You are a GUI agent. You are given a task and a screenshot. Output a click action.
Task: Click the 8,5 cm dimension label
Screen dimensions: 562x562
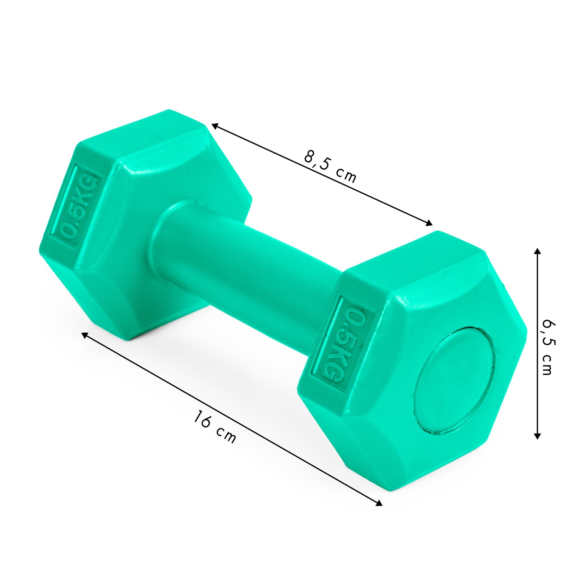pos(330,166)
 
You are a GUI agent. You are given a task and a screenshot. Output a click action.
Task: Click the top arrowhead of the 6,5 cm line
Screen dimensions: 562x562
pos(537,251)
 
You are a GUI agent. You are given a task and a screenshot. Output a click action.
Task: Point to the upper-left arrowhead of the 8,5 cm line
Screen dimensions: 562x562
pos(215,126)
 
